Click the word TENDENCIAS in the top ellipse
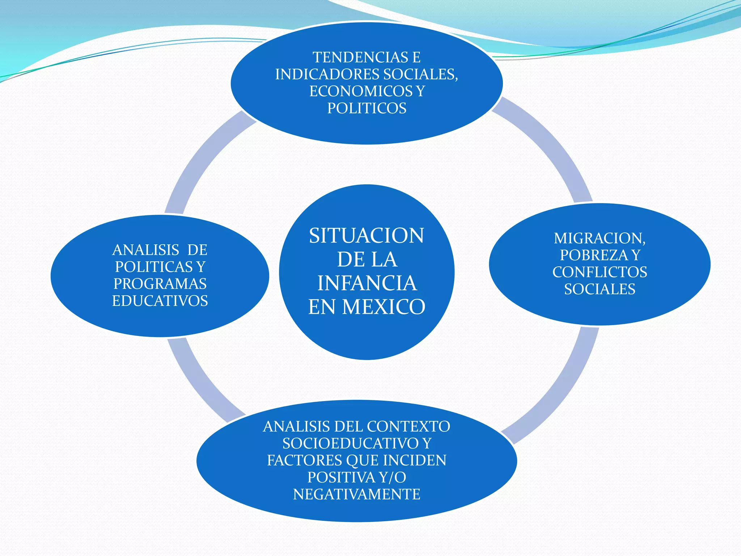pyautogui.click(x=356, y=58)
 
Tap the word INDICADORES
pyautogui.click(x=327, y=75)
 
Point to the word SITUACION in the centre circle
pyautogui.click(x=367, y=236)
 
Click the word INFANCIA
pyautogui.click(x=367, y=283)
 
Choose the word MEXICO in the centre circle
pyautogui.click(x=384, y=307)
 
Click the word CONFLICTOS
pyautogui.click(x=600, y=272)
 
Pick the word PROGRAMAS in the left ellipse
pyautogui.click(x=160, y=284)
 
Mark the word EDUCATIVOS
pyautogui.click(x=160, y=301)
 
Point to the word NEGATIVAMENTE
pyautogui.click(x=357, y=494)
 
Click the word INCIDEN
pyautogui.click(x=414, y=460)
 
